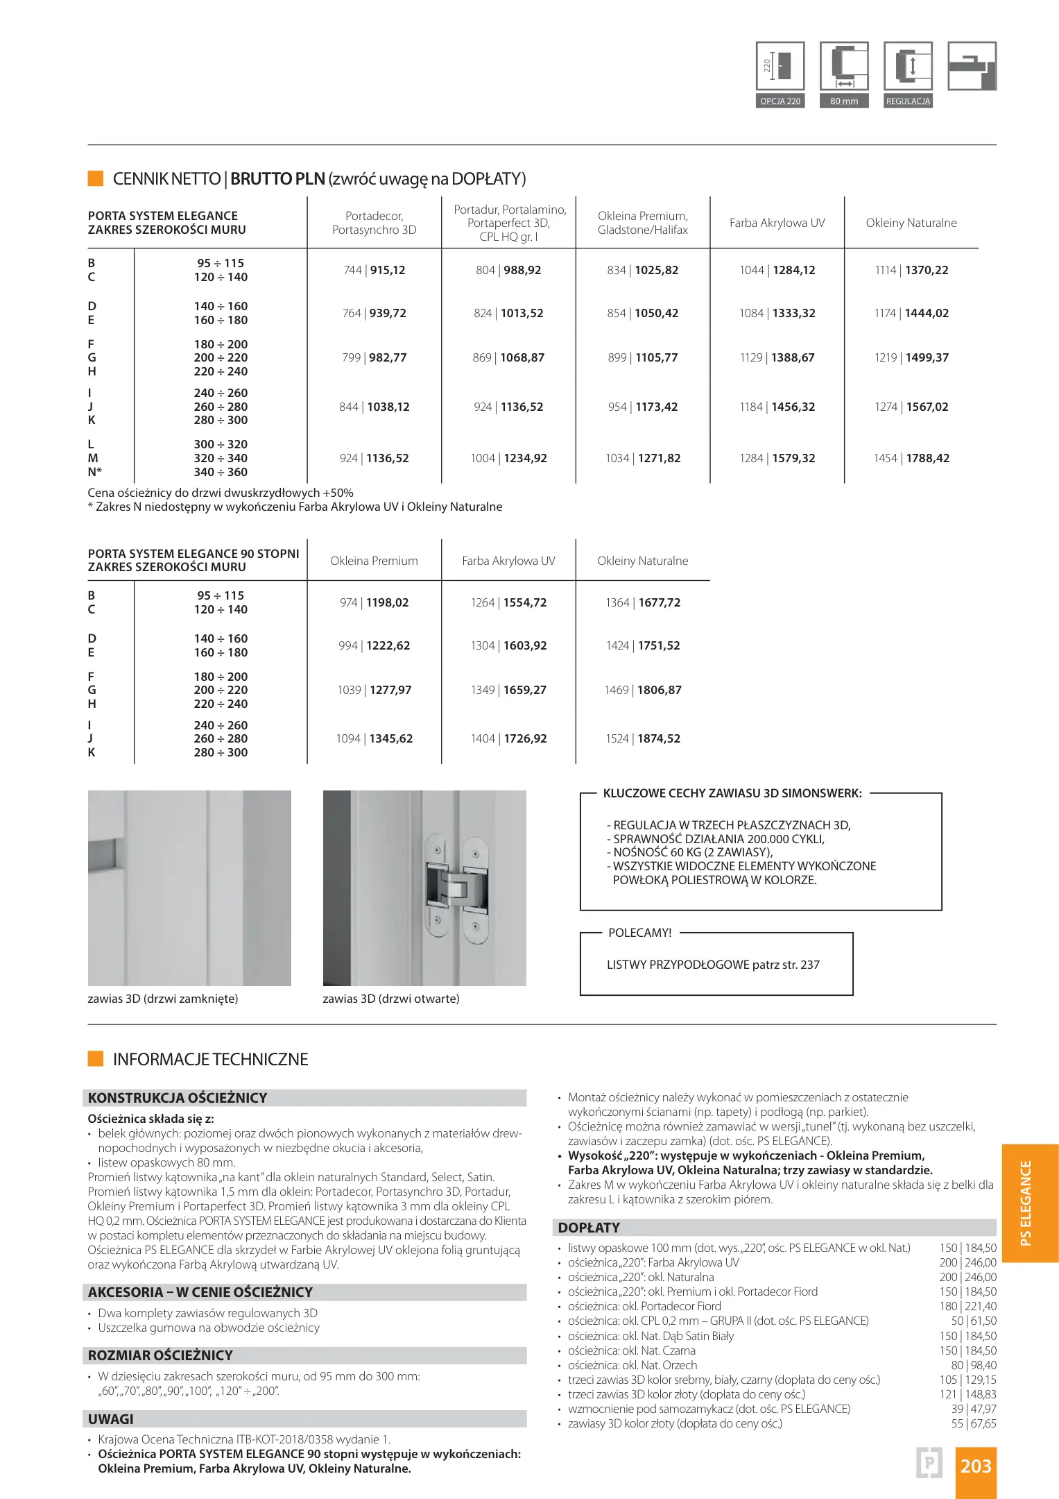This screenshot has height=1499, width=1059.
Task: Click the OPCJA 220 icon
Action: (x=780, y=67)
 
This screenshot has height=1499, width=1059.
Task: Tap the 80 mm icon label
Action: (x=844, y=101)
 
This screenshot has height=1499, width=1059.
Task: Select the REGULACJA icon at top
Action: (x=908, y=67)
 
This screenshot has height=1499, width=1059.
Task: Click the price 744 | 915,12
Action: (x=374, y=270)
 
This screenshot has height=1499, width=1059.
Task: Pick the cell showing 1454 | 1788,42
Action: (x=911, y=458)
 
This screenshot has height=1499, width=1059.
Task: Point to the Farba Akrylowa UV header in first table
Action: (x=777, y=223)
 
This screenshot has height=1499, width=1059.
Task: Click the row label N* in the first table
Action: (x=95, y=472)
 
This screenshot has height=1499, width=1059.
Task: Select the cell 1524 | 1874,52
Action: (x=643, y=738)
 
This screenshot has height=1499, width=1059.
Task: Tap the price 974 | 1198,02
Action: (x=374, y=602)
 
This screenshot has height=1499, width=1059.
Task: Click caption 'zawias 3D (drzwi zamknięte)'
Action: (x=163, y=999)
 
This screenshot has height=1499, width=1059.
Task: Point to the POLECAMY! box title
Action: (x=639, y=933)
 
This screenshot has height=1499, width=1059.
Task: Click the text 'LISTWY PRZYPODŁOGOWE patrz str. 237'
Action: (x=713, y=965)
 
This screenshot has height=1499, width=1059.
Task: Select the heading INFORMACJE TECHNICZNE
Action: (x=210, y=1059)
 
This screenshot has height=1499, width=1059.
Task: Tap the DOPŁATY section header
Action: (x=589, y=1228)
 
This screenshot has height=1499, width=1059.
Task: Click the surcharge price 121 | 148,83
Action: (x=968, y=1394)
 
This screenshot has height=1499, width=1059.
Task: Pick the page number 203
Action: (x=976, y=1466)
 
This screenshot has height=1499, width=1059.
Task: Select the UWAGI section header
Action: (x=111, y=1419)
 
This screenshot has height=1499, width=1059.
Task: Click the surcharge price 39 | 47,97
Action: (x=974, y=1409)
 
